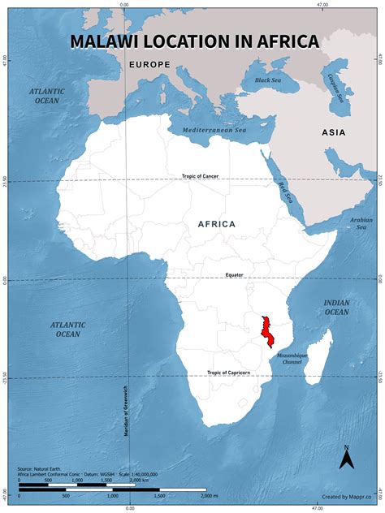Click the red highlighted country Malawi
266,331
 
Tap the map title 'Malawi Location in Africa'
193,41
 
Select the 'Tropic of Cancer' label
200,176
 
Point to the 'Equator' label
235,275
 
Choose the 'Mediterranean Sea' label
214,130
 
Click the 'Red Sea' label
285,193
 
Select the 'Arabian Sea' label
361,222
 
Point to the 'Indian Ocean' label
336,307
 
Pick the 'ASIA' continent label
333,132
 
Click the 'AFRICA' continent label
216,223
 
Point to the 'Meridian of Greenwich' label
128,406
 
